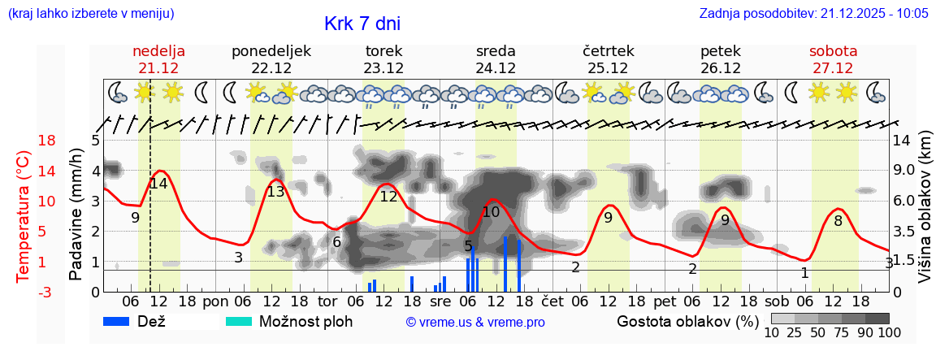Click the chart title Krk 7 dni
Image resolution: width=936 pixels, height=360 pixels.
click(362, 24)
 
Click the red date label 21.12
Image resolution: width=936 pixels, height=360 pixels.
click(158, 68)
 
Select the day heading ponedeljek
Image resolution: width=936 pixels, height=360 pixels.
click(271, 50)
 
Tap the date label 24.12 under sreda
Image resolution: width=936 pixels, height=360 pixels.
click(496, 68)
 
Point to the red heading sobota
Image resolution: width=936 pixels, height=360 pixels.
click(833, 50)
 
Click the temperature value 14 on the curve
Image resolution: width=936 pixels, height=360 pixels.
click(158, 184)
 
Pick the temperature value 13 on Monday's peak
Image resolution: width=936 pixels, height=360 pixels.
click(275, 192)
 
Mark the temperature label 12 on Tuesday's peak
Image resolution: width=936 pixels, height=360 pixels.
click(388, 196)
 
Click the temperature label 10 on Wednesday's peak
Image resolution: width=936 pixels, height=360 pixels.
click(491, 212)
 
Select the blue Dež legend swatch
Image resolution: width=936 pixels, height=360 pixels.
click(123, 321)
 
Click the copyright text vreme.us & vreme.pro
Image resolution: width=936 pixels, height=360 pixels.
click(475, 322)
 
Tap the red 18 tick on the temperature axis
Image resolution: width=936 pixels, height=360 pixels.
click(24, 141)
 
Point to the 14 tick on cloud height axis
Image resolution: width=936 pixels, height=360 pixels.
click(903, 141)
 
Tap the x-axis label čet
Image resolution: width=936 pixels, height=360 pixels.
click(552, 300)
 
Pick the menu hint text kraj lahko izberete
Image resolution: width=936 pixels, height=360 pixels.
click(90, 14)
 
